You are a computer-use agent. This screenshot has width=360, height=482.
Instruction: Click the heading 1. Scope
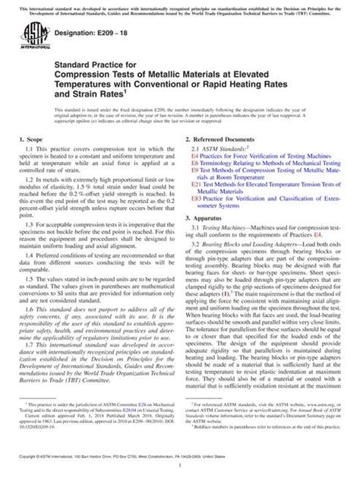click(40, 141)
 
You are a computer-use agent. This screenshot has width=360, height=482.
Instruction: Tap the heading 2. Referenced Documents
click(227, 141)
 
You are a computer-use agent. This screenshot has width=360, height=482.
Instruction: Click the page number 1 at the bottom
click(180, 473)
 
